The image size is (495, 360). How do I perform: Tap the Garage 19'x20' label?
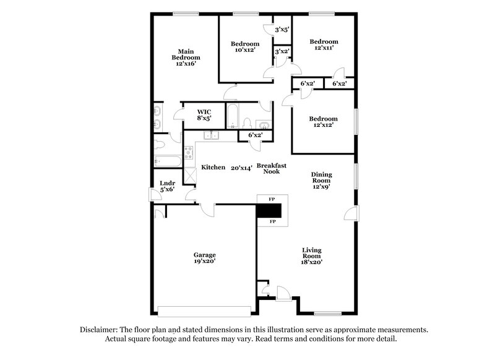(x=204, y=257)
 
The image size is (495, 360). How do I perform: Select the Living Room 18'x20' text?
(x=312, y=255)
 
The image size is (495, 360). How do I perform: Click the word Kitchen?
(x=213, y=168)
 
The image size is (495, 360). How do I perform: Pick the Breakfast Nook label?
(x=270, y=168)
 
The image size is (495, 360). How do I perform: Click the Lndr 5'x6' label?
(x=167, y=186)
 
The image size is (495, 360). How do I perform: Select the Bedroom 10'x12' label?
(x=245, y=47)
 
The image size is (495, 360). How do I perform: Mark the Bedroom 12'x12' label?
(x=324, y=122)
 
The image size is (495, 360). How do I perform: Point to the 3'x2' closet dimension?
(x=282, y=52)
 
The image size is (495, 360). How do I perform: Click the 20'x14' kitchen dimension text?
(x=241, y=168)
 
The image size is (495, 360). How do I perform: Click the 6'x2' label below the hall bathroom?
(x=255, y=135)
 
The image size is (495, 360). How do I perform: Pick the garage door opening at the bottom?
(x=205, y=311)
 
